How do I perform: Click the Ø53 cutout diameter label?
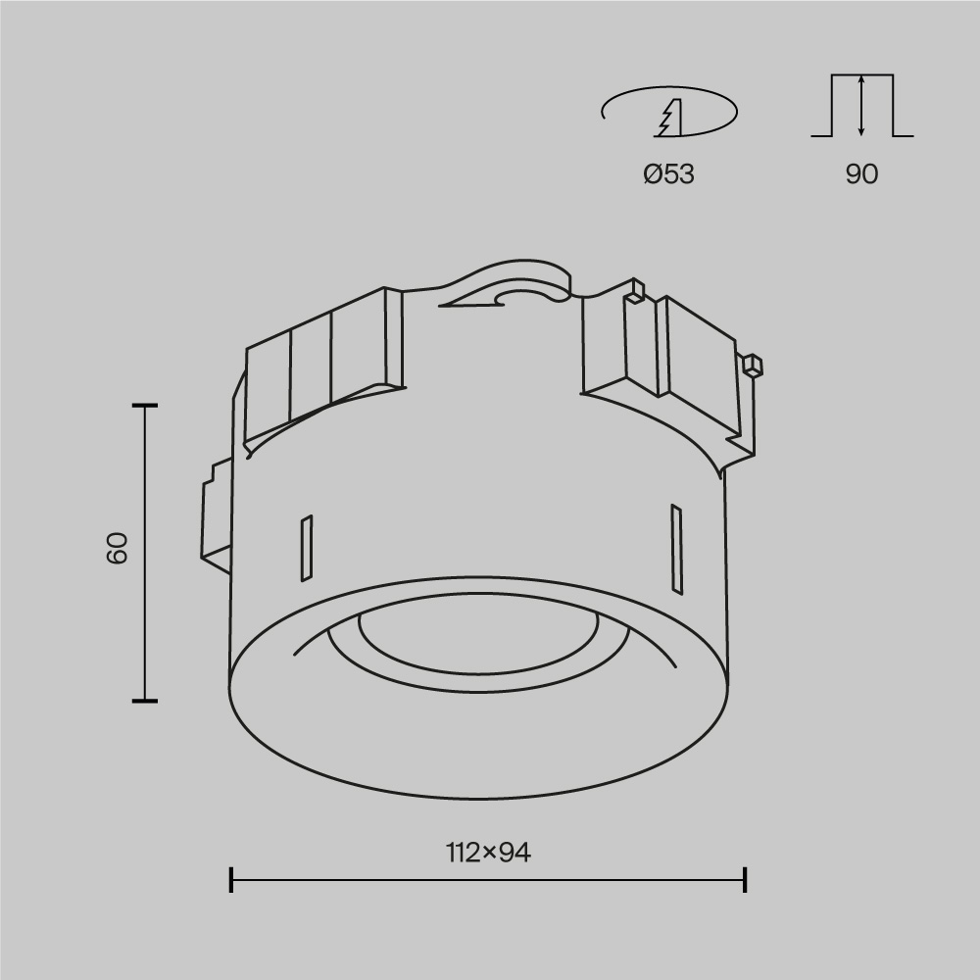[668, 174]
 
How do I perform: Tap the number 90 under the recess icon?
[861, 174]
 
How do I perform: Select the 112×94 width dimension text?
[488, 854]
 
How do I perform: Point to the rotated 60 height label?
[118, 549]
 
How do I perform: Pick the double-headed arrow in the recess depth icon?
[861, 105]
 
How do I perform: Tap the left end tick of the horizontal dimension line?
[231, 879]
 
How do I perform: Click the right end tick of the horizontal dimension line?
[746, 879]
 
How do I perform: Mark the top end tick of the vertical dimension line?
[145, 405]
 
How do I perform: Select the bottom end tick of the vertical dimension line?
[145, 701]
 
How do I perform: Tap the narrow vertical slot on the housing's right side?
[675, 549]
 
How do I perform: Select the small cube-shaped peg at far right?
[752, 366]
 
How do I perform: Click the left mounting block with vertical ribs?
[323, 363]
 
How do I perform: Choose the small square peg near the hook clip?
[636, 291]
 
